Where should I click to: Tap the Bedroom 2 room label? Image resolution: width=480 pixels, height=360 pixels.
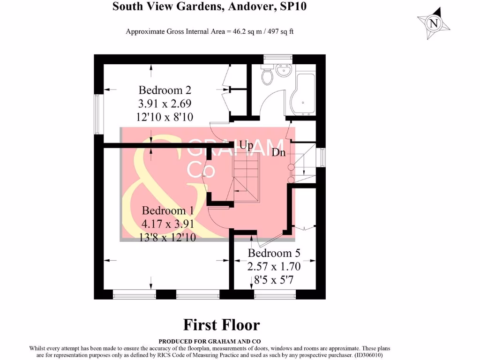(x=165, y=90)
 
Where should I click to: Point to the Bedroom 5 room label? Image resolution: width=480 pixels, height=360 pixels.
(x=274, y=254)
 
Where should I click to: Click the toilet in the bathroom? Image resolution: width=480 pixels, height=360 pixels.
(x=267, y=75)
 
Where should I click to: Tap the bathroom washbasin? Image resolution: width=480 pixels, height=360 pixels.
(x=283, y=70)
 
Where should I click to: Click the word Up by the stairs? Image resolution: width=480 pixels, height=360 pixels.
(x=246, y=145)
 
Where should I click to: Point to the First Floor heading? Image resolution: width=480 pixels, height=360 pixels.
(x=221, y=324)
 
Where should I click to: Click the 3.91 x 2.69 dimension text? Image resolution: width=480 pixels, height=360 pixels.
(x=165, y=103)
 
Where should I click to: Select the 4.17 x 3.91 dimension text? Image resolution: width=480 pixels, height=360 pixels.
(x=168, y=224)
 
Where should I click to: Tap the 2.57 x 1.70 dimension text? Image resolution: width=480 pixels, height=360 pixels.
(x=274, y=267)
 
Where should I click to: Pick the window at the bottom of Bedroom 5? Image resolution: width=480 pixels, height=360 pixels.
(x=275, y=294)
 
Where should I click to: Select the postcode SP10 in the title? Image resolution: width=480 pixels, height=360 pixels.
(x=294, y=7)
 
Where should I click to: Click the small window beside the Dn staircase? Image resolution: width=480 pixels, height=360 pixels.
(x=322, y=157)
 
